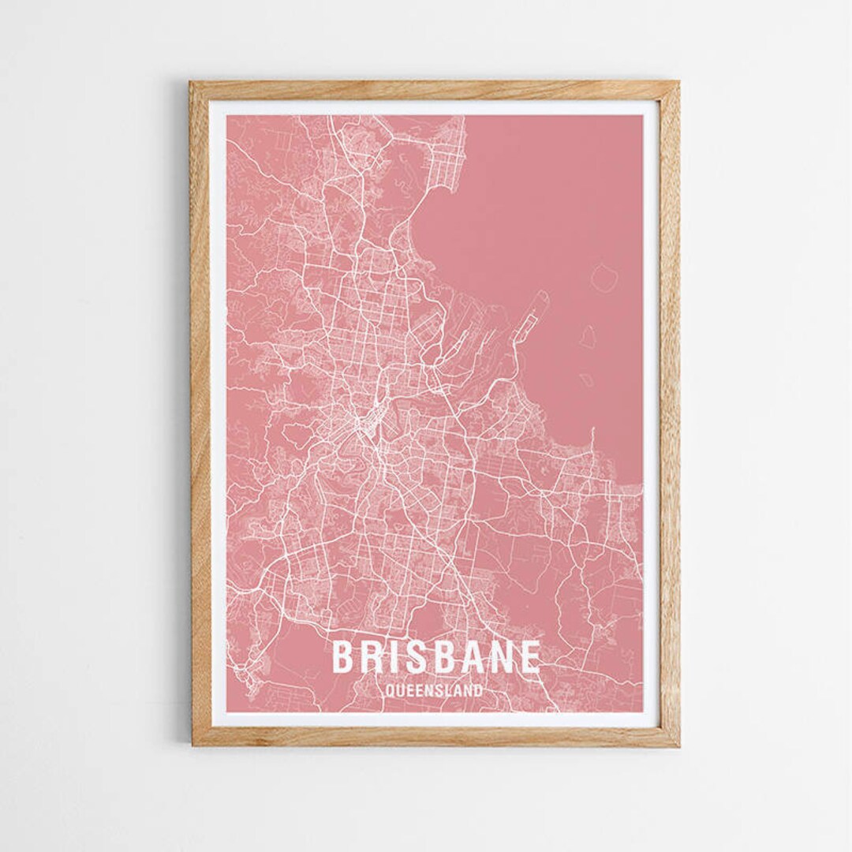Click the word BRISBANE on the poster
click(436, 657)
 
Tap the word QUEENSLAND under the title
click(434, 691)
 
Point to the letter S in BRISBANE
click(412, 657)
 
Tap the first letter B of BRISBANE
click(342, 657)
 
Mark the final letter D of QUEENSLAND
click(478, 691)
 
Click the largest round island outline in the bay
click(604, 278)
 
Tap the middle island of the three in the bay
click(588, 337)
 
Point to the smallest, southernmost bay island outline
click(586, 380)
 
